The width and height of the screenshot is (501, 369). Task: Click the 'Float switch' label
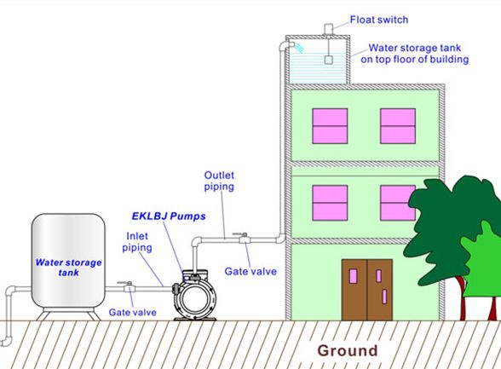pyautogui.click(x=379, y=20)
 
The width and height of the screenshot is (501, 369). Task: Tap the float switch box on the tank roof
pyautogui.click(x=329, y=29)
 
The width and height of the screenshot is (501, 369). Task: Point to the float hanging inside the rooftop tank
pyautogui.click(x=329, y=60)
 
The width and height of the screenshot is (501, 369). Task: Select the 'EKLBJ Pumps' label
pyautogui.click(x=169, y=216)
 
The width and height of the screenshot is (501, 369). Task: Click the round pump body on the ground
pyautogui.click(x=194, y=299)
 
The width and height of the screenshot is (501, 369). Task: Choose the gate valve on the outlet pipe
pyautogui.click(x=243, y=238)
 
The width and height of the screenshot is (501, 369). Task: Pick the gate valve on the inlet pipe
pyautogui.click(x=128, y=286)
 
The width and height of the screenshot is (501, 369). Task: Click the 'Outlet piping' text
pyautogui.click(x=219, y=181)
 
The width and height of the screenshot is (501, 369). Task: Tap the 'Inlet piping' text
pyautogui.click(x=137, y=242)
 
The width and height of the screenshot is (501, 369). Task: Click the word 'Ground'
pyautogui.click(x=348, y=350)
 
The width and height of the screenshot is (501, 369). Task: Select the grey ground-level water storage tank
pyautogui.click(x=68, y=262)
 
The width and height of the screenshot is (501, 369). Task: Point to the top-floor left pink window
pyautogui.click(x=330, y=126)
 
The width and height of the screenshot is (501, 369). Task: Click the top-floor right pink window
pyautogui.click(x=398, y=126)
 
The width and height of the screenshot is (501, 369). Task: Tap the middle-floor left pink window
pyautogui.click(x=330, y=203)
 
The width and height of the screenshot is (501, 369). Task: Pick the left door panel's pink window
pyautogui.click(x=354, y=276)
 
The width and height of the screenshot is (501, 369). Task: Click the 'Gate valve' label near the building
pyautogui.click(x=250, y=272)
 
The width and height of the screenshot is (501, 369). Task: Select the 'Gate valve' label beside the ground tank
pyautogui.click(x=133, y=312)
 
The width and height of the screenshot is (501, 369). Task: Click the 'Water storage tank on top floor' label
pyautogui.click(x=415, y=54)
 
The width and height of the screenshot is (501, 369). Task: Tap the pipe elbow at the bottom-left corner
pyautogui.click(x=7, y=341)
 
